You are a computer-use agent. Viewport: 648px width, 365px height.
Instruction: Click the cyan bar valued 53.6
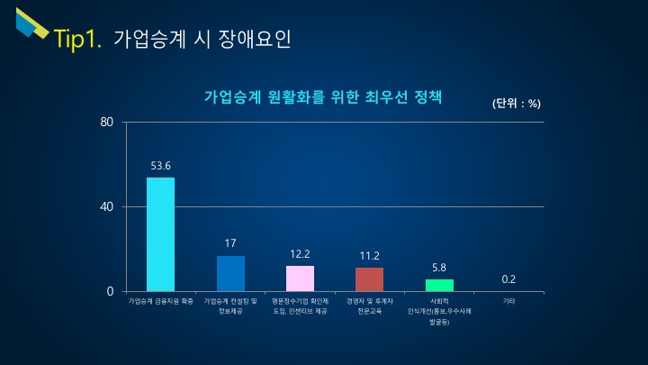coord(160,234)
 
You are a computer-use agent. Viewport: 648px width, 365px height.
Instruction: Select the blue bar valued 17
coord(230,273)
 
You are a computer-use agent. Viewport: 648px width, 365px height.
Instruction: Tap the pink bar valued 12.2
coord(300,278)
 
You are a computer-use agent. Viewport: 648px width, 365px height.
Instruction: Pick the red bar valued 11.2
coord(369,279)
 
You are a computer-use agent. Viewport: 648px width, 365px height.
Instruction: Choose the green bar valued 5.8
coord(439,285)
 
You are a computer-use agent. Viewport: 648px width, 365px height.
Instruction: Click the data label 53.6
coord(161,166)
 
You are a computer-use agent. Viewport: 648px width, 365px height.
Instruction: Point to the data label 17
coord(230,243)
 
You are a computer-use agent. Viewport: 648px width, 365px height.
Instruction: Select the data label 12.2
coord(300,254)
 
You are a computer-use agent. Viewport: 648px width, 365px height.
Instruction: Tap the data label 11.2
coord(369,256)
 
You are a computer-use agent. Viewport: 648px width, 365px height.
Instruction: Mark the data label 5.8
coord(439,268)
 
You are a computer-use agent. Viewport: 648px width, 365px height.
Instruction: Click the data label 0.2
coord(508,279)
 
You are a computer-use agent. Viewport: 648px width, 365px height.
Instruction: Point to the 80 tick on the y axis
coord(106,123)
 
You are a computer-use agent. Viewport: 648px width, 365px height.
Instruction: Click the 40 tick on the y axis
coord(106,207)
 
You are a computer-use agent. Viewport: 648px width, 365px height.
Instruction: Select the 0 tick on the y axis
coord(110,292)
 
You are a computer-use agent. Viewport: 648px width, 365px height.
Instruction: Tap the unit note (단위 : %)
coord(516,103)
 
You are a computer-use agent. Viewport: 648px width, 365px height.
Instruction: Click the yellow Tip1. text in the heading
coord(78,39)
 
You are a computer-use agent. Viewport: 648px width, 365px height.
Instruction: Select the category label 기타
coord(508,301)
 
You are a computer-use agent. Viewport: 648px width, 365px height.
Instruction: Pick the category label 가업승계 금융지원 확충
coord(161,301)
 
